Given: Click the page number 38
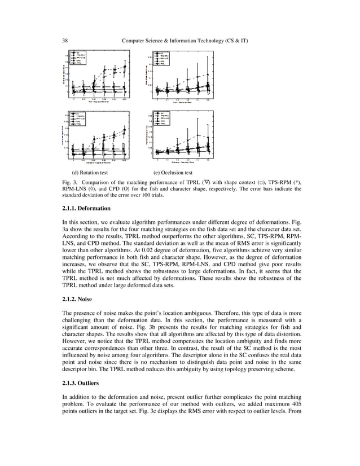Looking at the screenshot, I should coord(65,41).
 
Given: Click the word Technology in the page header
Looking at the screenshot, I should coord(212,41).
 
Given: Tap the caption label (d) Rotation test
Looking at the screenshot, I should coord(89,173).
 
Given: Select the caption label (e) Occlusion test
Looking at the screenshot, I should coord(173,173).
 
